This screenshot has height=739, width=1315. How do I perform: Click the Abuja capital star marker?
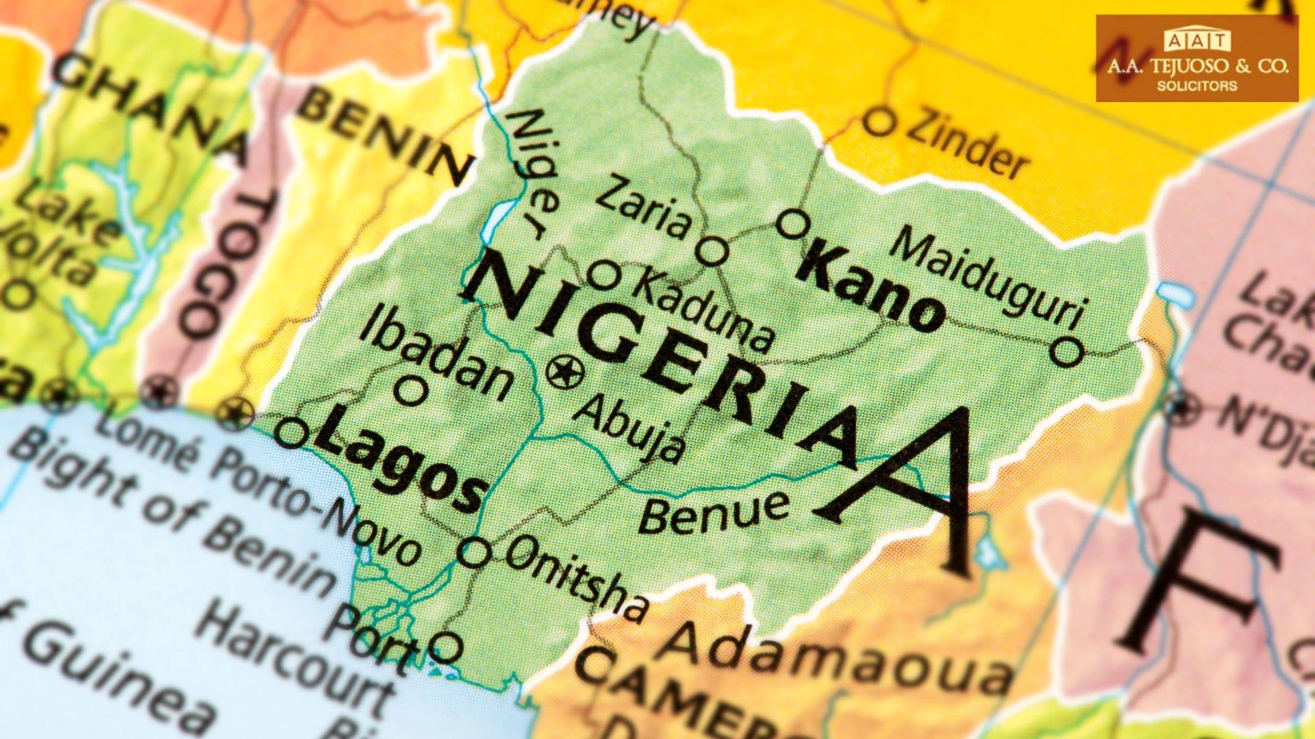566,373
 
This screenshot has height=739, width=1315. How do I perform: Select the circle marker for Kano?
794,224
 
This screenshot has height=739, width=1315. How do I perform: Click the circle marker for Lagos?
292,433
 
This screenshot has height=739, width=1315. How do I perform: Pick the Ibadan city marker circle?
411,391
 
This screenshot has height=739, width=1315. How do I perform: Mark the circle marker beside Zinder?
879,122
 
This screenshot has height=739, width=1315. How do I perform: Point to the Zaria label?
644,207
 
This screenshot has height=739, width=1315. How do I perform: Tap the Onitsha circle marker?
474,552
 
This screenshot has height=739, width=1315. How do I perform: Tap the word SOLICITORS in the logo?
1197,86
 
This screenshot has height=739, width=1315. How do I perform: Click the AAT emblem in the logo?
1197,42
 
